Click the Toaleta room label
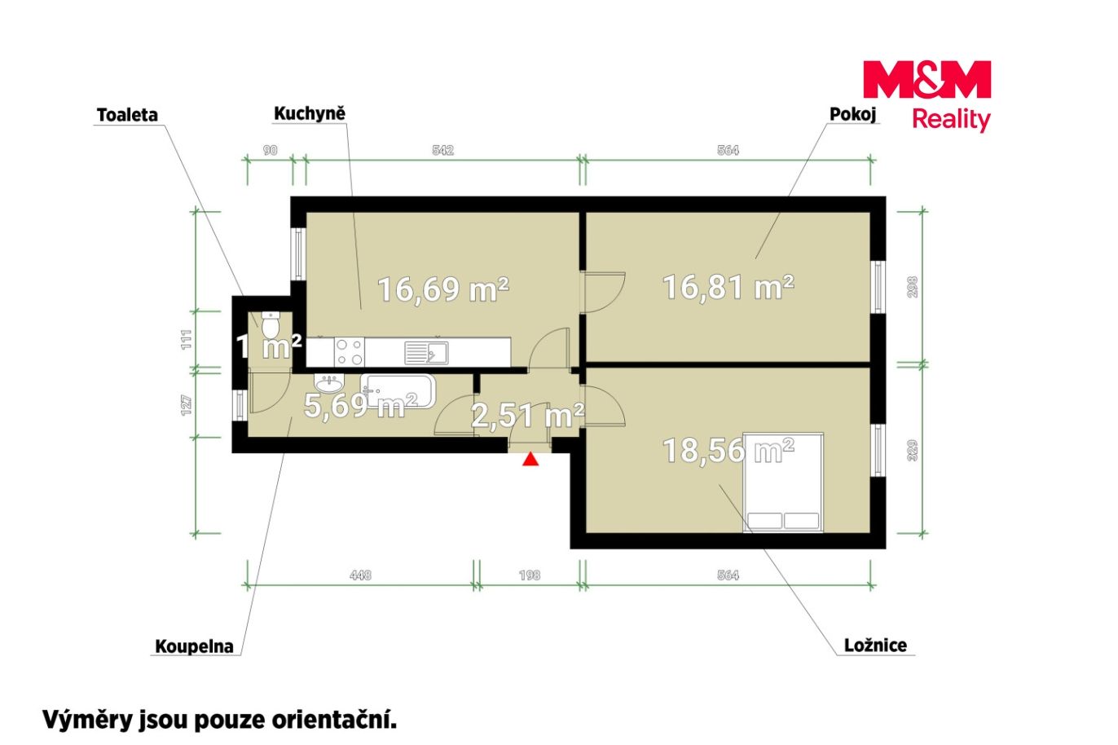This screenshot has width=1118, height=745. tap(127, 116)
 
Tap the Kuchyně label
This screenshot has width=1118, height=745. tap(310, 114)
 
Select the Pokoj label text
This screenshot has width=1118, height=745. tap(852, 115)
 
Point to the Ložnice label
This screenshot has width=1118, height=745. tap(875, 645)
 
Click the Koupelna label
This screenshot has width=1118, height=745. tap(194, 646)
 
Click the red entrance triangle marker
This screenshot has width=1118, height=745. tap(530, 459)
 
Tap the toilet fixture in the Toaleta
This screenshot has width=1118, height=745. tap(270, 324)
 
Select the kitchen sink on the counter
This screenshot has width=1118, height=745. tap(426, 352)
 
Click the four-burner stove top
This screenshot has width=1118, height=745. tap(350, 352)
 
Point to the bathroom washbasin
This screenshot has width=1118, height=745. tap(329, 384)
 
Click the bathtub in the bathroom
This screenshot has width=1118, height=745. tap(398, 391)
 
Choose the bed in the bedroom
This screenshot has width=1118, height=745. tap(782, 482)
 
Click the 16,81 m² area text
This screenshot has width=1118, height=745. tap(728, 288)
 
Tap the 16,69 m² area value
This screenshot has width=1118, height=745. tap(443, 289)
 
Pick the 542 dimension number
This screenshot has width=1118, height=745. tap(442, 150)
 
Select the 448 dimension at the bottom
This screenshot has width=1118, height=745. tap(360, 575)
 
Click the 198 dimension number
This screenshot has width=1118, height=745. tap(530, 575)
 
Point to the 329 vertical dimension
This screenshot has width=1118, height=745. tap(912, 450)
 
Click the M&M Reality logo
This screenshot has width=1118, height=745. tap(927, 96)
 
